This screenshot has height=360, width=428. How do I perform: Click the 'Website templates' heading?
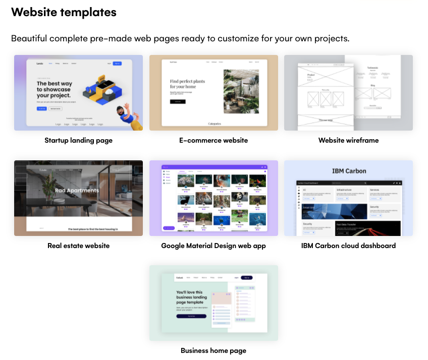[64, 12]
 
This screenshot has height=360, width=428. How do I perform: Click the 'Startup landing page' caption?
[78, 140]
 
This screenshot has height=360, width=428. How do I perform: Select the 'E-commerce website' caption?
[213, 140]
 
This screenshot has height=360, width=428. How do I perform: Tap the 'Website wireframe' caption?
[348, 140]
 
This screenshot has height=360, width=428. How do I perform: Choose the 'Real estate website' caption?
[78, 246]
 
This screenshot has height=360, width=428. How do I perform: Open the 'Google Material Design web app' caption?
[213, 246]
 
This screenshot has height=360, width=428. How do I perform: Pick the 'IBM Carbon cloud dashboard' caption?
[348, 246]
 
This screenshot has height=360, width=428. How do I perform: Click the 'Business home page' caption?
[213, 350]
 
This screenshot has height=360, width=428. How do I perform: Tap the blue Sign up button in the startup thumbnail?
[117, 64]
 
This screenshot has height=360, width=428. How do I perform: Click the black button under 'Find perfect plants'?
[177, 102]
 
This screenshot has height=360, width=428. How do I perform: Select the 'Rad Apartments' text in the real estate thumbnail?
[77, 191]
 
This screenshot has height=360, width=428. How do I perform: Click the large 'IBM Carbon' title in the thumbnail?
[348, 171]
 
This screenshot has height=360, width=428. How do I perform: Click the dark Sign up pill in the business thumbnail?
[246, 277]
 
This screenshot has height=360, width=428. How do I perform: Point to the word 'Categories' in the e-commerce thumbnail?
[214, 123]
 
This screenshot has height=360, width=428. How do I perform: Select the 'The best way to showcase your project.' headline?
[54, 89]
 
